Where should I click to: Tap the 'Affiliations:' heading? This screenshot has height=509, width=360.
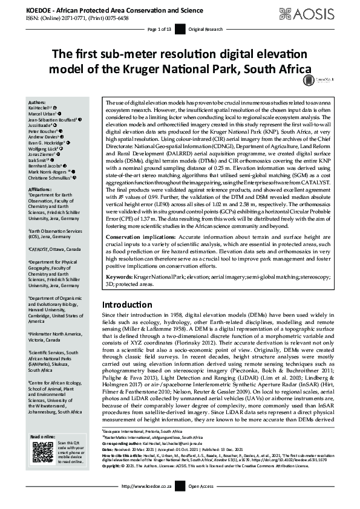pos(41,189)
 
